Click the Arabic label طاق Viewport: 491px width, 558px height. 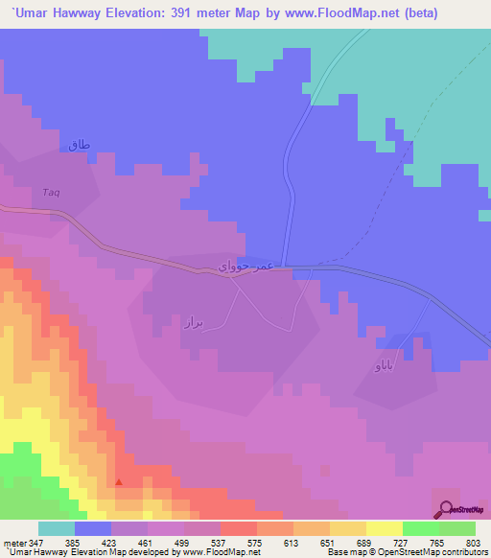pyautogui.click(x=79, y=145)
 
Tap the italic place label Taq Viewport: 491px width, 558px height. pyautogui.click(x=51, y=193)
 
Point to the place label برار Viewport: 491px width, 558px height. pyautogui.click(x=195, y=324)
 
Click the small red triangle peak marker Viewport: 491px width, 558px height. pyautogui.click(x=119, y=482)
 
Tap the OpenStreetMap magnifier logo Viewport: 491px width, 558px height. pyautogui.click(x=445, y=510)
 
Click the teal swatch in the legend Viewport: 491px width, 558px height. pyautogui.click(x=56, y=528)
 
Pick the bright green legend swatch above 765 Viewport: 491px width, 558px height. pyautogui.click(x=420, y=528)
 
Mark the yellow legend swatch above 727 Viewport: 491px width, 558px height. pyautogui.click(x=384, y=528)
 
